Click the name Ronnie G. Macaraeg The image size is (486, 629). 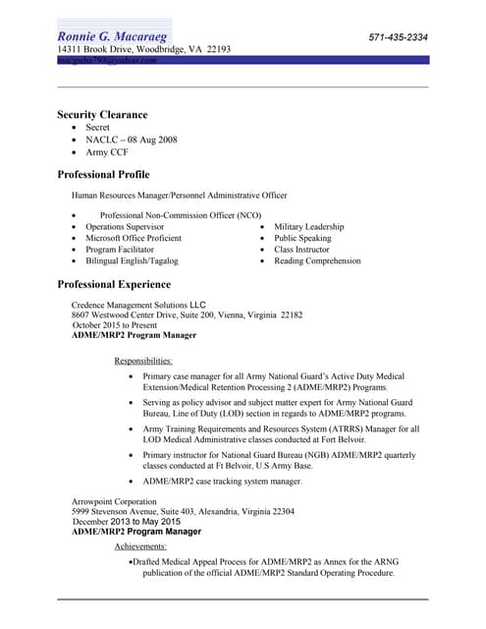[x=114, y=37]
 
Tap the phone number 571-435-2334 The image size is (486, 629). [x=398, y=37]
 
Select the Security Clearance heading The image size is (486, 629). [x=102, y=115]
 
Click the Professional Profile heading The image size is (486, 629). [x=103, y=175]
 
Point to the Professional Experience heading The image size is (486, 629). [x=114, y=285]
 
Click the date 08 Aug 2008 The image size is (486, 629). [x=150, y=141]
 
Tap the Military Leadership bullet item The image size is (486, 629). [x=308, y=226]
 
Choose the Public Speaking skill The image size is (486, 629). [x=302, y=238]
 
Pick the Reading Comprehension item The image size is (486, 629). [x=317, y=261]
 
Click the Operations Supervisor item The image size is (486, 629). [x=125, y=226]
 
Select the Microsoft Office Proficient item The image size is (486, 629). [x=133, y=238]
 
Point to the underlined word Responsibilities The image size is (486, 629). [x=143, y=361]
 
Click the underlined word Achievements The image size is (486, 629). [x=140, y=545]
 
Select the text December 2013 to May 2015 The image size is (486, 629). [x=133, y=522]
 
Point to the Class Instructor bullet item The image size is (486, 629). [x=301, y=250]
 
